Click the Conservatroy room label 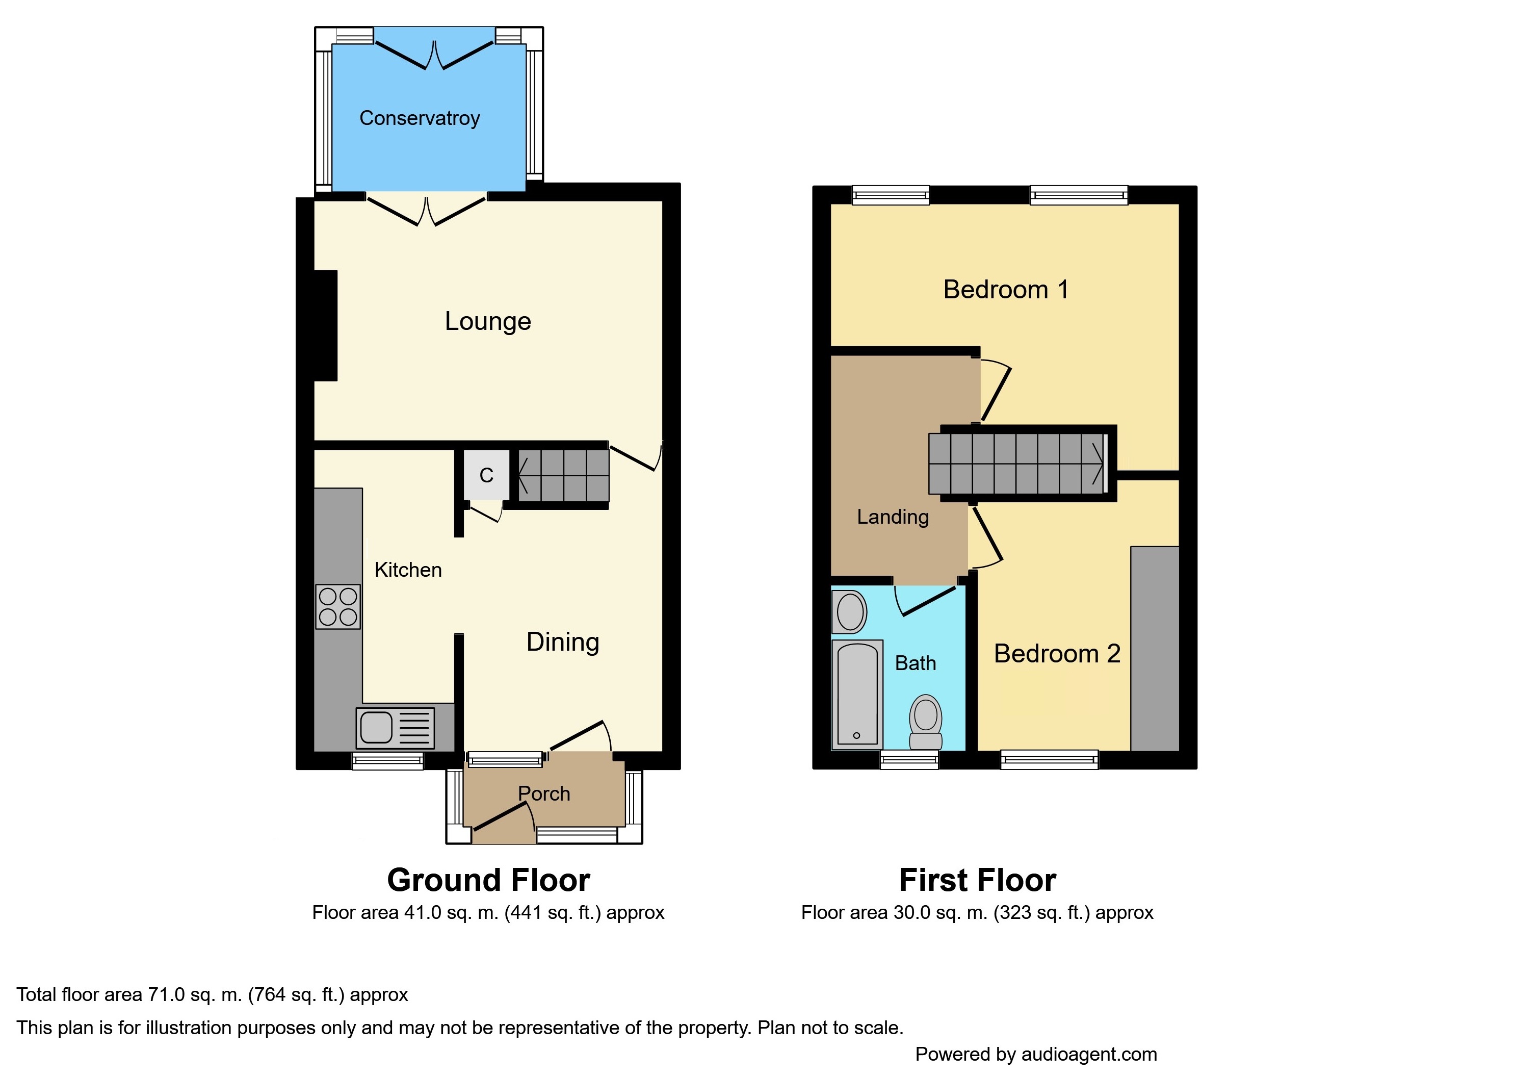pos(419,118)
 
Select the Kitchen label pos(408,570)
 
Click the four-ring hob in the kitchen pos(338,606)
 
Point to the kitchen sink pos(395,728)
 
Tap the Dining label pos(563,643)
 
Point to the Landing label pos(893,517)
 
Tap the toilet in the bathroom pos(926,722)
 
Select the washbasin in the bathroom pos(849,611)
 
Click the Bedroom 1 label pos(1006,290)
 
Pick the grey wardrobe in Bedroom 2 pos(1154,649)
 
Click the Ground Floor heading pos(489,880)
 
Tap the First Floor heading pos(977,880)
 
